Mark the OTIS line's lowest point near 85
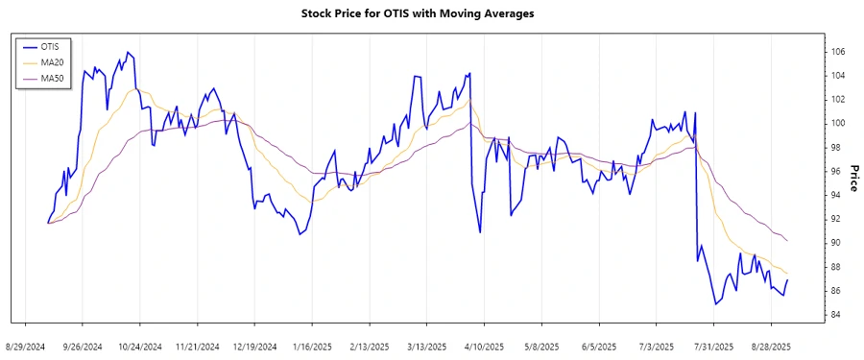point(715,304)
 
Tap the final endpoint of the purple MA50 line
point(787,240)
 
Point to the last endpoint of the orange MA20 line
point(787,274)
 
